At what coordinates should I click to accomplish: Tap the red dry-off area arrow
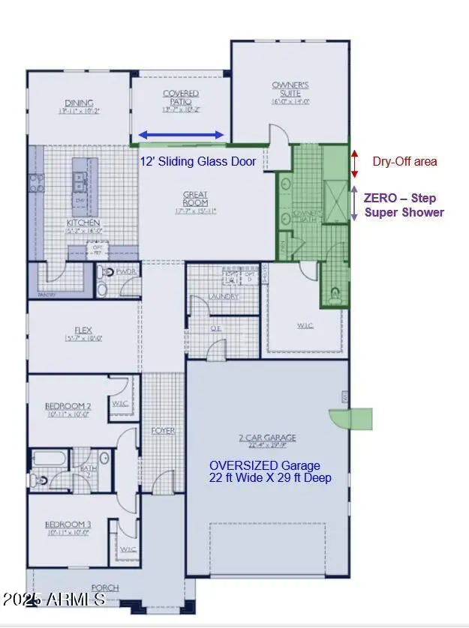click(355, 163)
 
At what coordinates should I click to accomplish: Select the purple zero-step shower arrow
click(355, 203)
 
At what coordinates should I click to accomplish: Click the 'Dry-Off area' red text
click(404, 161)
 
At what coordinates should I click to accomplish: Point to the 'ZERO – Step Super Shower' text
click(404, 205)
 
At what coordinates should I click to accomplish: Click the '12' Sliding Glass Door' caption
click(198, 161)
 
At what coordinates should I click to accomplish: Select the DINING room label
click(79, 103)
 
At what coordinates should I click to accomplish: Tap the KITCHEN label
click(83, 223)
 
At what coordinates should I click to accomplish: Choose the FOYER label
click(163, 431)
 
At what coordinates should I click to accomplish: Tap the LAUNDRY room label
click(224, 297)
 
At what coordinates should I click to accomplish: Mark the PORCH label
click(105, 588)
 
